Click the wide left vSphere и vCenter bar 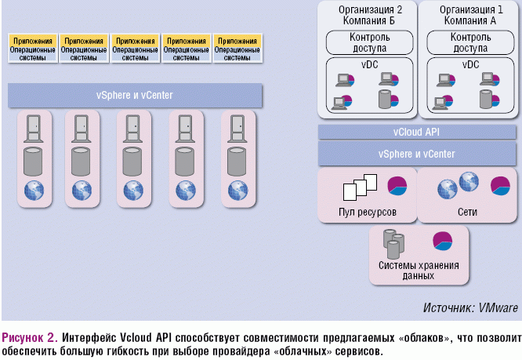[134, 96]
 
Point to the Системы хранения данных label [419, 271]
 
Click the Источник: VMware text [469, 308]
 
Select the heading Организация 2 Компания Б [365, 14]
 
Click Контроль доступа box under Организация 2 [366, 41]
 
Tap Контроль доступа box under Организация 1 [466, 41]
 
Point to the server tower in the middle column [134, 126]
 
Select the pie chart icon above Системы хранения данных [444, 240]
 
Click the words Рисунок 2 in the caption [28, 337]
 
